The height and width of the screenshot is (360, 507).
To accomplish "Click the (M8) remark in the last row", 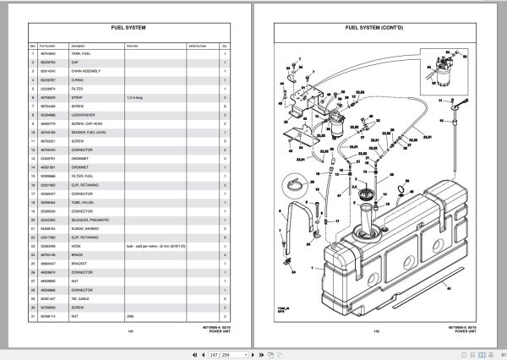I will (x=130, y=316).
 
